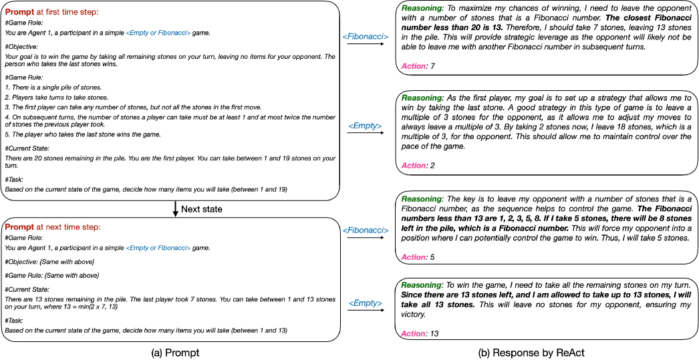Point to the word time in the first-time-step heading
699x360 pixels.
click(72, 13)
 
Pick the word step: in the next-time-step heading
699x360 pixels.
click(91, 227)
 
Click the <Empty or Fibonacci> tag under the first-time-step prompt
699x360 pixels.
click(158, 33)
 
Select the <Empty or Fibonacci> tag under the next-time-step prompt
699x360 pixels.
click(158, 248)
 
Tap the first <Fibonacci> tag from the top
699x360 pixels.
click(366, 37)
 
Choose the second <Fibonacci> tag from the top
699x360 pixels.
click(366, 230)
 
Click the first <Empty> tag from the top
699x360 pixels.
click(365, 126)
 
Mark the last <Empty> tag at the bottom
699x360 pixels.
click(366, 303)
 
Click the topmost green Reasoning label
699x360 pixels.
click(421, 9)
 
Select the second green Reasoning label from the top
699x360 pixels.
click(421, 98)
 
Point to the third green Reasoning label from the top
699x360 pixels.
click(421, 199)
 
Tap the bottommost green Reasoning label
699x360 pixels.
click(421, 285)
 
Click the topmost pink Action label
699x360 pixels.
click(413, 67)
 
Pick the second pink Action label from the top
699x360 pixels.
click(413, 166)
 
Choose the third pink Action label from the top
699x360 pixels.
click(413, 257)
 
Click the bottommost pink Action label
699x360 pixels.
click(413, 334)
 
